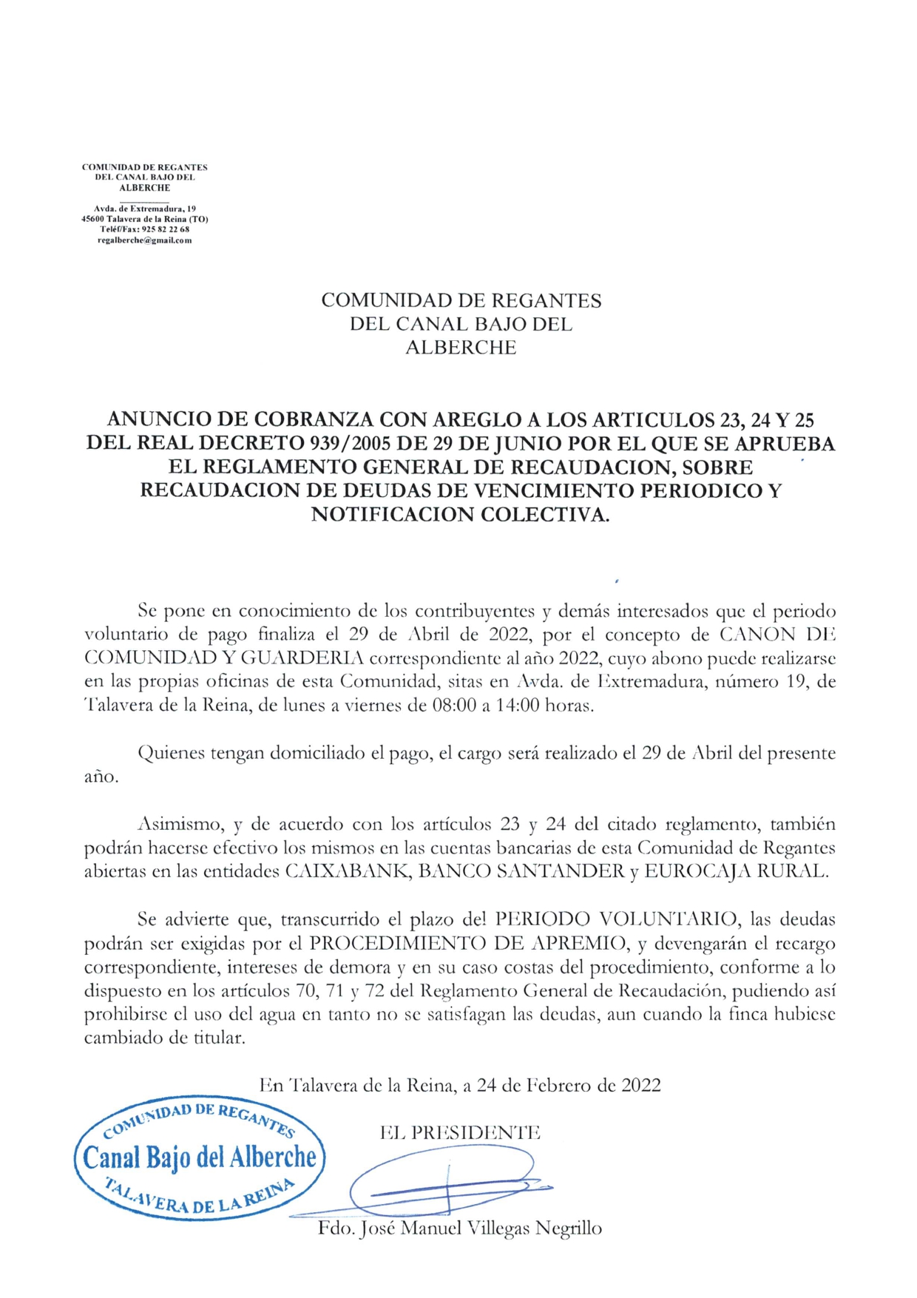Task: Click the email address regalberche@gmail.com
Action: (x=144, y=240)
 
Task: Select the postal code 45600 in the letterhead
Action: (x=92, y=220)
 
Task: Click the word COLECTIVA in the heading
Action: (x=545, y=514)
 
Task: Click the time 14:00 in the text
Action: (x=517, y=705)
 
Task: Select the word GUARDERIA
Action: (x=303, y=658)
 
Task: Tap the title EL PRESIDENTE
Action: (x=459, y=1132)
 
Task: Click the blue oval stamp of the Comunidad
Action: (x=200, y=1157)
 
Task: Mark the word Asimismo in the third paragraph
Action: (x=181, y=824)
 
